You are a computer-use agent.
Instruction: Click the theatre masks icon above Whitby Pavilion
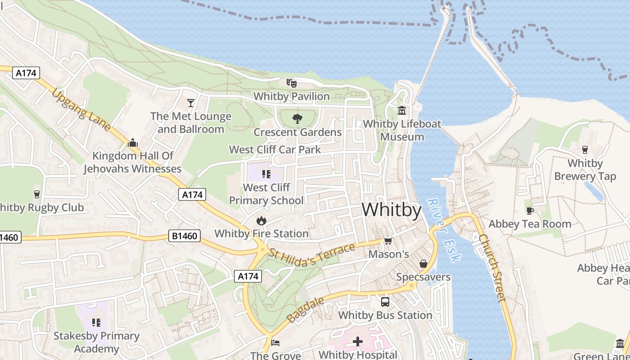tap(292, 83)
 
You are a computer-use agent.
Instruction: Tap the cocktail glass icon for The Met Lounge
tap(191, 103)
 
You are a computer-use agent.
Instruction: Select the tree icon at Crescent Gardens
tap(297, 119)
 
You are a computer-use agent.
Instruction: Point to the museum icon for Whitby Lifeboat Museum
tap(402, 110)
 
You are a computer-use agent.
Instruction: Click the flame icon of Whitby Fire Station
tap(261, 220)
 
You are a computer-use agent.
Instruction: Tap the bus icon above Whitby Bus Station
tap(385, 302)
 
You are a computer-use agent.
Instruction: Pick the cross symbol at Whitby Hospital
tap(358, 342)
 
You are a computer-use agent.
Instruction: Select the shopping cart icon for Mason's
tap(388, 241)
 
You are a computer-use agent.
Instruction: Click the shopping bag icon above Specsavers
tap(423, 264)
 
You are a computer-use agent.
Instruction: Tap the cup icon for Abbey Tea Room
tap(530, 211)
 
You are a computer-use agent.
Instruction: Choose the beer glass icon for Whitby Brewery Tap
tap(585, 150)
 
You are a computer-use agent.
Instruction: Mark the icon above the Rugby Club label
tap(37, 194)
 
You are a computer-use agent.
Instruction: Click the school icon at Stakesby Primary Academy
tap(96, 322)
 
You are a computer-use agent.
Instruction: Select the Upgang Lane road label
tap(81, 110)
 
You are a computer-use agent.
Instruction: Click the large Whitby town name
tap(391, 210)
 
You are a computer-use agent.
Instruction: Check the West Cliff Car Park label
tap(275, 149)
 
